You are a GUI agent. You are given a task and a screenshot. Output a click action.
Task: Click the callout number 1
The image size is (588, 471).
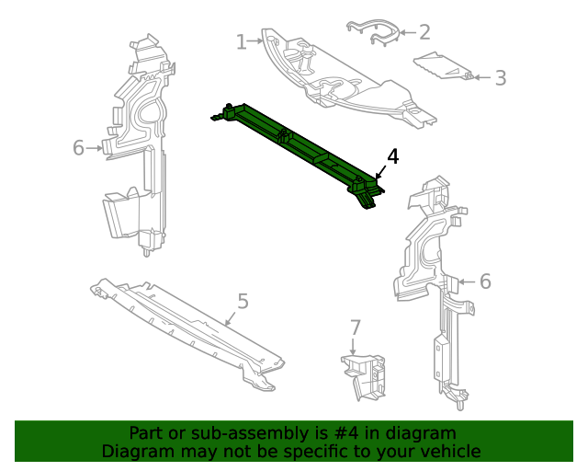tap(241, 41)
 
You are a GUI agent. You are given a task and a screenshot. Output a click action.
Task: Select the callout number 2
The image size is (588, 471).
tap(424, 32)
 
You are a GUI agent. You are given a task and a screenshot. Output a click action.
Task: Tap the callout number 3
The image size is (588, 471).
tap(500, 78)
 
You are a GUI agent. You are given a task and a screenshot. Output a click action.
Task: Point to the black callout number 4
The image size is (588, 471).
tap(392, 156)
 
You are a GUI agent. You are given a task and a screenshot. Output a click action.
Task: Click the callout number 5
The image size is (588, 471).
tap(243, 301)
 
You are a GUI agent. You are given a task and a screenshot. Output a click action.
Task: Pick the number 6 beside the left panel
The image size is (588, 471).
tap(78, 147)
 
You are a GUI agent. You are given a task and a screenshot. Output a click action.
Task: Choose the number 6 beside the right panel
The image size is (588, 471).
tap(485, 281)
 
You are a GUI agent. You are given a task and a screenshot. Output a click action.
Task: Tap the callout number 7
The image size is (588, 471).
tap(356, 327)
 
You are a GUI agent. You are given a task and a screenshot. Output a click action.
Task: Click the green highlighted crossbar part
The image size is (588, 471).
tap(303, 147)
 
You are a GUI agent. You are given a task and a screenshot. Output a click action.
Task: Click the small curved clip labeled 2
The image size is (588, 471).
tap(375, 32)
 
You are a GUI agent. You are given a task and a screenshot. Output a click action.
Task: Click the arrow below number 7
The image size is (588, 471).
tap(354, 347)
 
